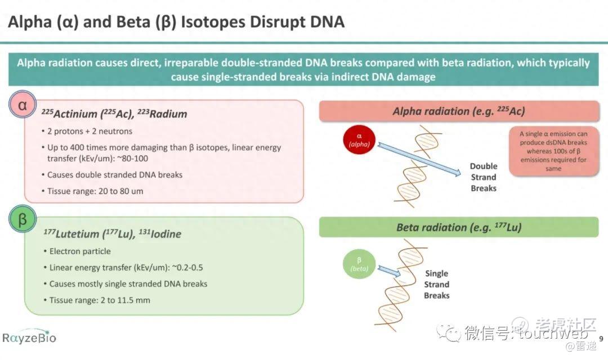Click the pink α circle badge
click(23, 105)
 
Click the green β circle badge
click(23, 219)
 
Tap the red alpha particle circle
click(359, 139)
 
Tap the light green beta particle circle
click(359, 264)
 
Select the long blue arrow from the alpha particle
click(419, 159)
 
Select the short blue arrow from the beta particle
click(389, 271)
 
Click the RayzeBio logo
click(29, 337)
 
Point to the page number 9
click(601, 339)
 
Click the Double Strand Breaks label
click(484, 177)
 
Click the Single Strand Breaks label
click(437, 285)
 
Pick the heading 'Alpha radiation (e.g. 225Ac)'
click(459, 111)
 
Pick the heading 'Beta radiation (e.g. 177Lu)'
click(459, 227)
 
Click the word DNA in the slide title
click(327, 22)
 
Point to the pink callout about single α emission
click(554, 151)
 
